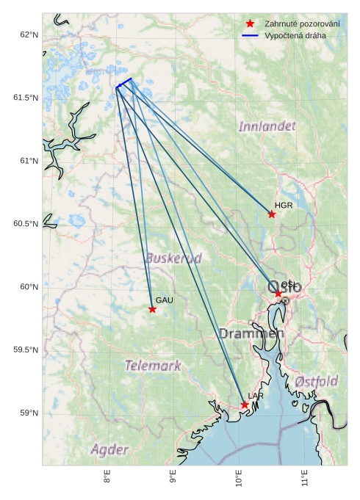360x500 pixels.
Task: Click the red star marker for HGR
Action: coord(272,214)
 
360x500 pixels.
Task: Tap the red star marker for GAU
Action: coord(152,309)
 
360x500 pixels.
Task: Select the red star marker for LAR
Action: coord(245,405)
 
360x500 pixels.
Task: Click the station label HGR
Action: coord(284,206)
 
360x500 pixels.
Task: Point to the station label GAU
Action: coord(164,301)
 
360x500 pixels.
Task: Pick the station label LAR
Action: coord(256,396)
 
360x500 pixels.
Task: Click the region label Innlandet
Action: coord(267,126)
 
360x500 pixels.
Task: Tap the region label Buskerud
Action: coord(173,258)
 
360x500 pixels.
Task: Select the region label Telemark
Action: coord(152,365)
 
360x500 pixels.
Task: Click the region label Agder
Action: coord(109,449)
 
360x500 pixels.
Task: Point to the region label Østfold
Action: coord(317,381)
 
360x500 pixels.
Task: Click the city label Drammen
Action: coord(251,334)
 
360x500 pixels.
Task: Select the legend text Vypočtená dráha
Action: coord(295,35)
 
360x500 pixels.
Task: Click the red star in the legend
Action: coord(251,24)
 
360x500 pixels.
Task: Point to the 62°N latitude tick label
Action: coord(28,35)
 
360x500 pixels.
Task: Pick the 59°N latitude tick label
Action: coord(28,413)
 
